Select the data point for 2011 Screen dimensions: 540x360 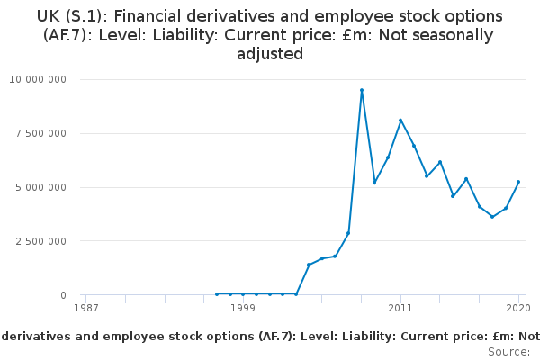(400, 121)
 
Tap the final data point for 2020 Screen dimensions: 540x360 (518, 182)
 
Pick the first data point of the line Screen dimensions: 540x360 (217, 294)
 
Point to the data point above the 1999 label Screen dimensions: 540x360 (243, 294)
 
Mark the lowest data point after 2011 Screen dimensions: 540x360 (492, 217)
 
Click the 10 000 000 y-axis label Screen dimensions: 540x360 (38, 79)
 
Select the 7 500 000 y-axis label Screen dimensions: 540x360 (40, 133)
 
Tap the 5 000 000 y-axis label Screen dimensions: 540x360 (40, 187)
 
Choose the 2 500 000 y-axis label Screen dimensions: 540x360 (40, 241)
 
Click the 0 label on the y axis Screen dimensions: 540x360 (63, 295)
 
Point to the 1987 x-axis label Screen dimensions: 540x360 (86, 308)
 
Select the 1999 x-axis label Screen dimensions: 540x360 (243, 308)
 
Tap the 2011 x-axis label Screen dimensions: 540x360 (400, 308)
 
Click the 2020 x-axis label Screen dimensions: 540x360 (518, 308)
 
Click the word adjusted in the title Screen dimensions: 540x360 (270, 54)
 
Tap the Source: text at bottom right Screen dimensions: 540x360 (509, 352)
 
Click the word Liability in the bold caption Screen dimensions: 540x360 (369, 337)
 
